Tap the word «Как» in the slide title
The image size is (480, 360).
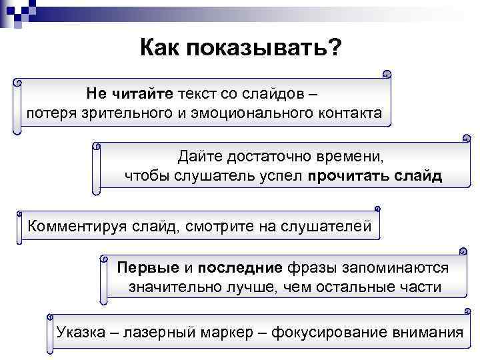(x=161, y=47)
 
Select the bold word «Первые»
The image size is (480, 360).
(x=148, y=268)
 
